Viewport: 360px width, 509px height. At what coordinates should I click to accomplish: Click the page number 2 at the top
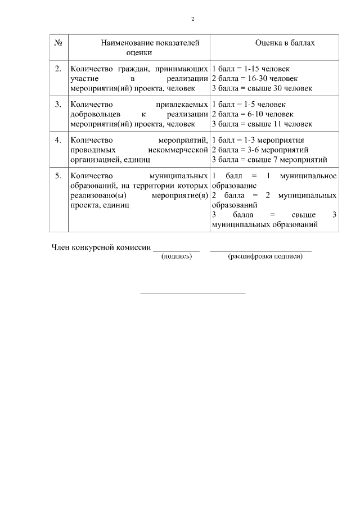click(192, 19)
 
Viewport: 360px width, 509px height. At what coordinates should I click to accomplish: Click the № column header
click(58, 43)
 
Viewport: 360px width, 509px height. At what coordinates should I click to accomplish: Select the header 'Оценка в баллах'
click(285, 43)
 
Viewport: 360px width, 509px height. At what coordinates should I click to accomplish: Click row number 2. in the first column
click(58, 69)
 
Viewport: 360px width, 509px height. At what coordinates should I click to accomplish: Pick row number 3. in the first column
click(58, 105)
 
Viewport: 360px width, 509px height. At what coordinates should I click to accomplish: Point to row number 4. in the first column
click(58, 140)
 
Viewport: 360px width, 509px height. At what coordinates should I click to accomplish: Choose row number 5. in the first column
click(58, 175)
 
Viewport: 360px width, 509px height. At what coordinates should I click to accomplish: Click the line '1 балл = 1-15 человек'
click(251, 69)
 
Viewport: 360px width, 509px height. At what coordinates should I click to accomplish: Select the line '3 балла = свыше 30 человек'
click(262, 88)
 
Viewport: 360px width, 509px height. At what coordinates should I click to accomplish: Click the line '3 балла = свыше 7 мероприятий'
click(269, 159)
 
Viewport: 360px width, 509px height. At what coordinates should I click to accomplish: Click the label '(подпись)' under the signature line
click(177, 256)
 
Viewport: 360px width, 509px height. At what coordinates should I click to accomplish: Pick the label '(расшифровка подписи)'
click(265, 256)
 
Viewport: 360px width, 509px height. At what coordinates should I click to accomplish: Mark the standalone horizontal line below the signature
click(192, 293)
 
